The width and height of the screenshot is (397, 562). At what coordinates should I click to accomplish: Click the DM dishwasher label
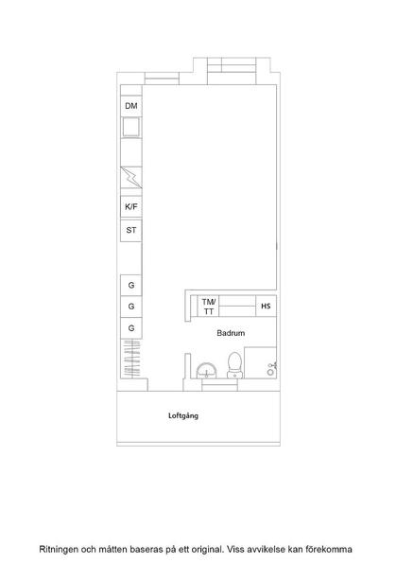coord(131,106)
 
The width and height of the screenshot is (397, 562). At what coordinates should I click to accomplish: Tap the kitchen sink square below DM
coord(131,127)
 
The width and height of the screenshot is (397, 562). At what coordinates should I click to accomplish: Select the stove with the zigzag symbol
coord(131,178)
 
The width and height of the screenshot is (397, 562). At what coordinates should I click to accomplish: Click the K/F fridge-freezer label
coord(131,207)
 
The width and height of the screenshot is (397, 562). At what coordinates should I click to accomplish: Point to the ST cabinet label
coord(131,230)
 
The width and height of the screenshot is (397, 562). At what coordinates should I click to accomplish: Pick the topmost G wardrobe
coord(131,286)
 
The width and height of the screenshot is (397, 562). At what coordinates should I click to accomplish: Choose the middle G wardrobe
coord(131,307)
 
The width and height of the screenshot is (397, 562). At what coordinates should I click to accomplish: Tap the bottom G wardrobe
coord(131,328)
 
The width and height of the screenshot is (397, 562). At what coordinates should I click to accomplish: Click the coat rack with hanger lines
coord(131,358)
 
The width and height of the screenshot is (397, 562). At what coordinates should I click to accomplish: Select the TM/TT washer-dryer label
coord(209,307)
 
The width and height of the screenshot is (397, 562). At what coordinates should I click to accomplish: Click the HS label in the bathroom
coord(266,307)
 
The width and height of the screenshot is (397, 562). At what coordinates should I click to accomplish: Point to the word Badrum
coord(231,333)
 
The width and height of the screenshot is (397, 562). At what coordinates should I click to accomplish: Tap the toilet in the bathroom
coord(234,365)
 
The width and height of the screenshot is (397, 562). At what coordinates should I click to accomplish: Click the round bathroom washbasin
coord(207,371)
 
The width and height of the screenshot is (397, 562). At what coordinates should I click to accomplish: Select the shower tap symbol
coord(271,369)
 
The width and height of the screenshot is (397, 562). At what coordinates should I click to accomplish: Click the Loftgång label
coord(183,415)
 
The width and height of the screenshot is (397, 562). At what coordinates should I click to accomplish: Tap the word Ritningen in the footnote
coord(59,550)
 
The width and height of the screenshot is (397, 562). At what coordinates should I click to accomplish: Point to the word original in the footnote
coord(207,550)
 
